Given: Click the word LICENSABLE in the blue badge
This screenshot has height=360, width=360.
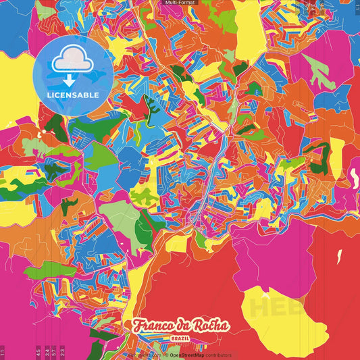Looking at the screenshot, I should point(72,94).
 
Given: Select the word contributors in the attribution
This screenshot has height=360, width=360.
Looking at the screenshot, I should point(217,355).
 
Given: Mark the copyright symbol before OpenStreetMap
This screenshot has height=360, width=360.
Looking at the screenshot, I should point(165,355).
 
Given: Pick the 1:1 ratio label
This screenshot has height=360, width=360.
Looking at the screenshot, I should point(3,353).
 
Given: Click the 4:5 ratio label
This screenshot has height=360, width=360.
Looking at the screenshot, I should point(38,353).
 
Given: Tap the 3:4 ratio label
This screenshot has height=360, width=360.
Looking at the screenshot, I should point(47,353).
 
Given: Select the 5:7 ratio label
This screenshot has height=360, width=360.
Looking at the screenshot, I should point(54,353).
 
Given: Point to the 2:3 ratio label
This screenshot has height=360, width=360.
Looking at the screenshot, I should point(62,353).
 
